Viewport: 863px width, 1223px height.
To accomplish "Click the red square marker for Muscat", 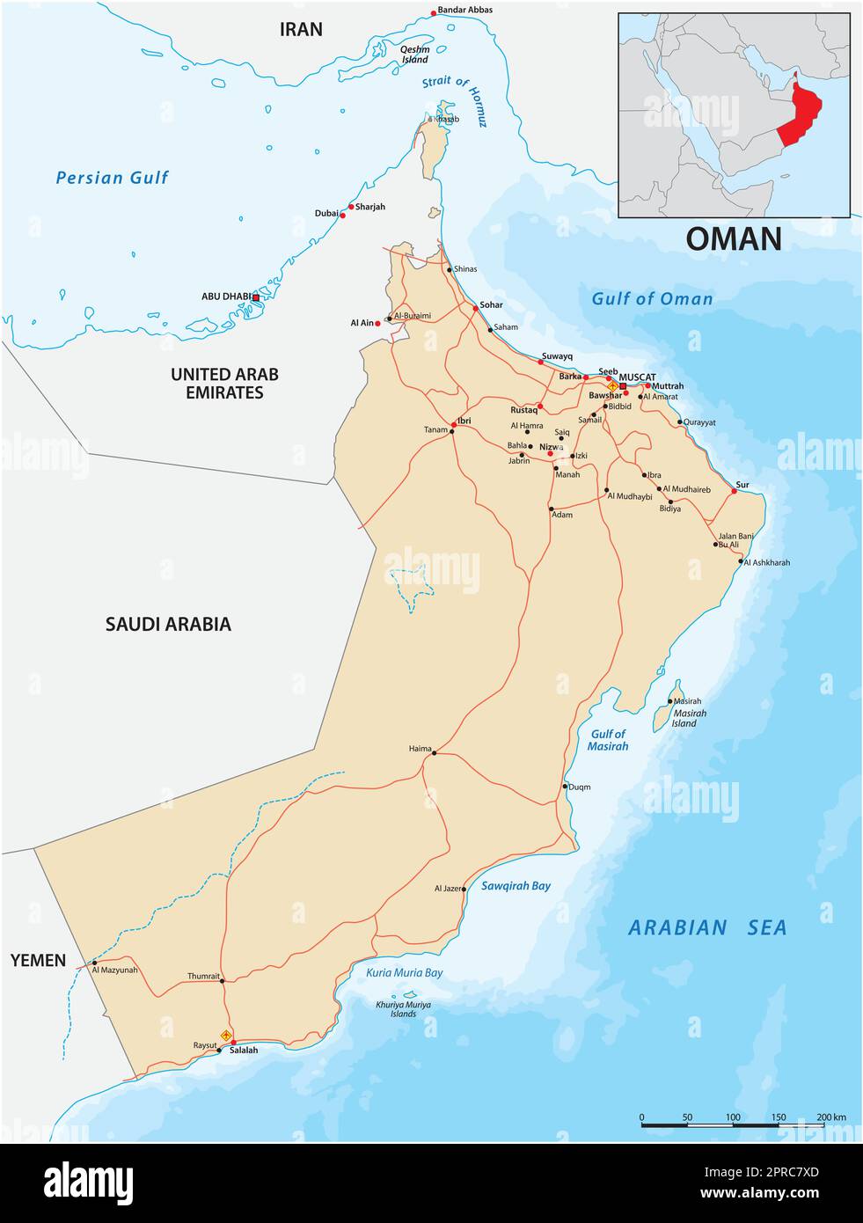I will click(x=623, y=386).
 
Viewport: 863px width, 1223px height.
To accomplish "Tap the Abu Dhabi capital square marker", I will click(x=256, y=297).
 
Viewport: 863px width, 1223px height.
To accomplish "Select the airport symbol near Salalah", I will click(x=226, y=1036).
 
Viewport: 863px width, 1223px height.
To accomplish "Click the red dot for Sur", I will click(x=735, y=492).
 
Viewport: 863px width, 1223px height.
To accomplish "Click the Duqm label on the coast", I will click(x=580, y=787).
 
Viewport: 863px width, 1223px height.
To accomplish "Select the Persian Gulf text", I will click(x=112, y=178).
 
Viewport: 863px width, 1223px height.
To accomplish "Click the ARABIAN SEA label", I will click(x=706, y=927).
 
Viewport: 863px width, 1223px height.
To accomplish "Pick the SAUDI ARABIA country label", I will click(x=168, y=624).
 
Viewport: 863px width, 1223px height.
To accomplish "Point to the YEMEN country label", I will click(x=38, y=960).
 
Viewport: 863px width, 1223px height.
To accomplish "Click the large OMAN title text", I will click(x=733, y=238).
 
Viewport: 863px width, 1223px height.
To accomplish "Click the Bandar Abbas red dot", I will click(x=433, y=13).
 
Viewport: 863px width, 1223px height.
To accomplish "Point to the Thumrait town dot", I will click(x=222, y=980).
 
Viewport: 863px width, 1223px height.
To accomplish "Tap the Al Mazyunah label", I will click(x=115, y=970).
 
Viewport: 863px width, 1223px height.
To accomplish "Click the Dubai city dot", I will click(x=342, y=215).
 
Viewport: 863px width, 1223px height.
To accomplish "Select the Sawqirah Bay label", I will click(x=516, y=886).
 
